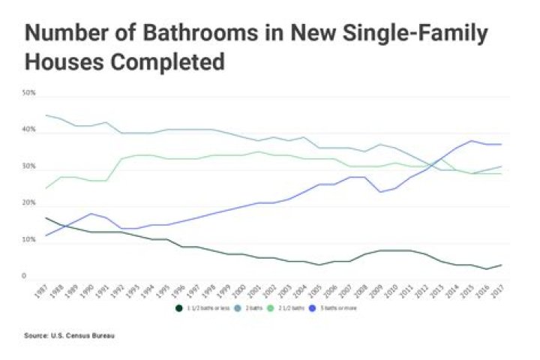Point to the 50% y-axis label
click(x=30, y=93)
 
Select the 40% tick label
click(x=30, y=130)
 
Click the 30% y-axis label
click(x=30, y=166)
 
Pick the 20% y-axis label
click(x=30, y=203)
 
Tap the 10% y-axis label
click(x=30, y=240)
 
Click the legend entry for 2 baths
click(x=251, y=307)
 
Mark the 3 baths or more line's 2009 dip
click(x=380, y=192)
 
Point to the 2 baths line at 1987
click(x=46, y=115)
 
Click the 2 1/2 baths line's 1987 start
click(x=46, y=188)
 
